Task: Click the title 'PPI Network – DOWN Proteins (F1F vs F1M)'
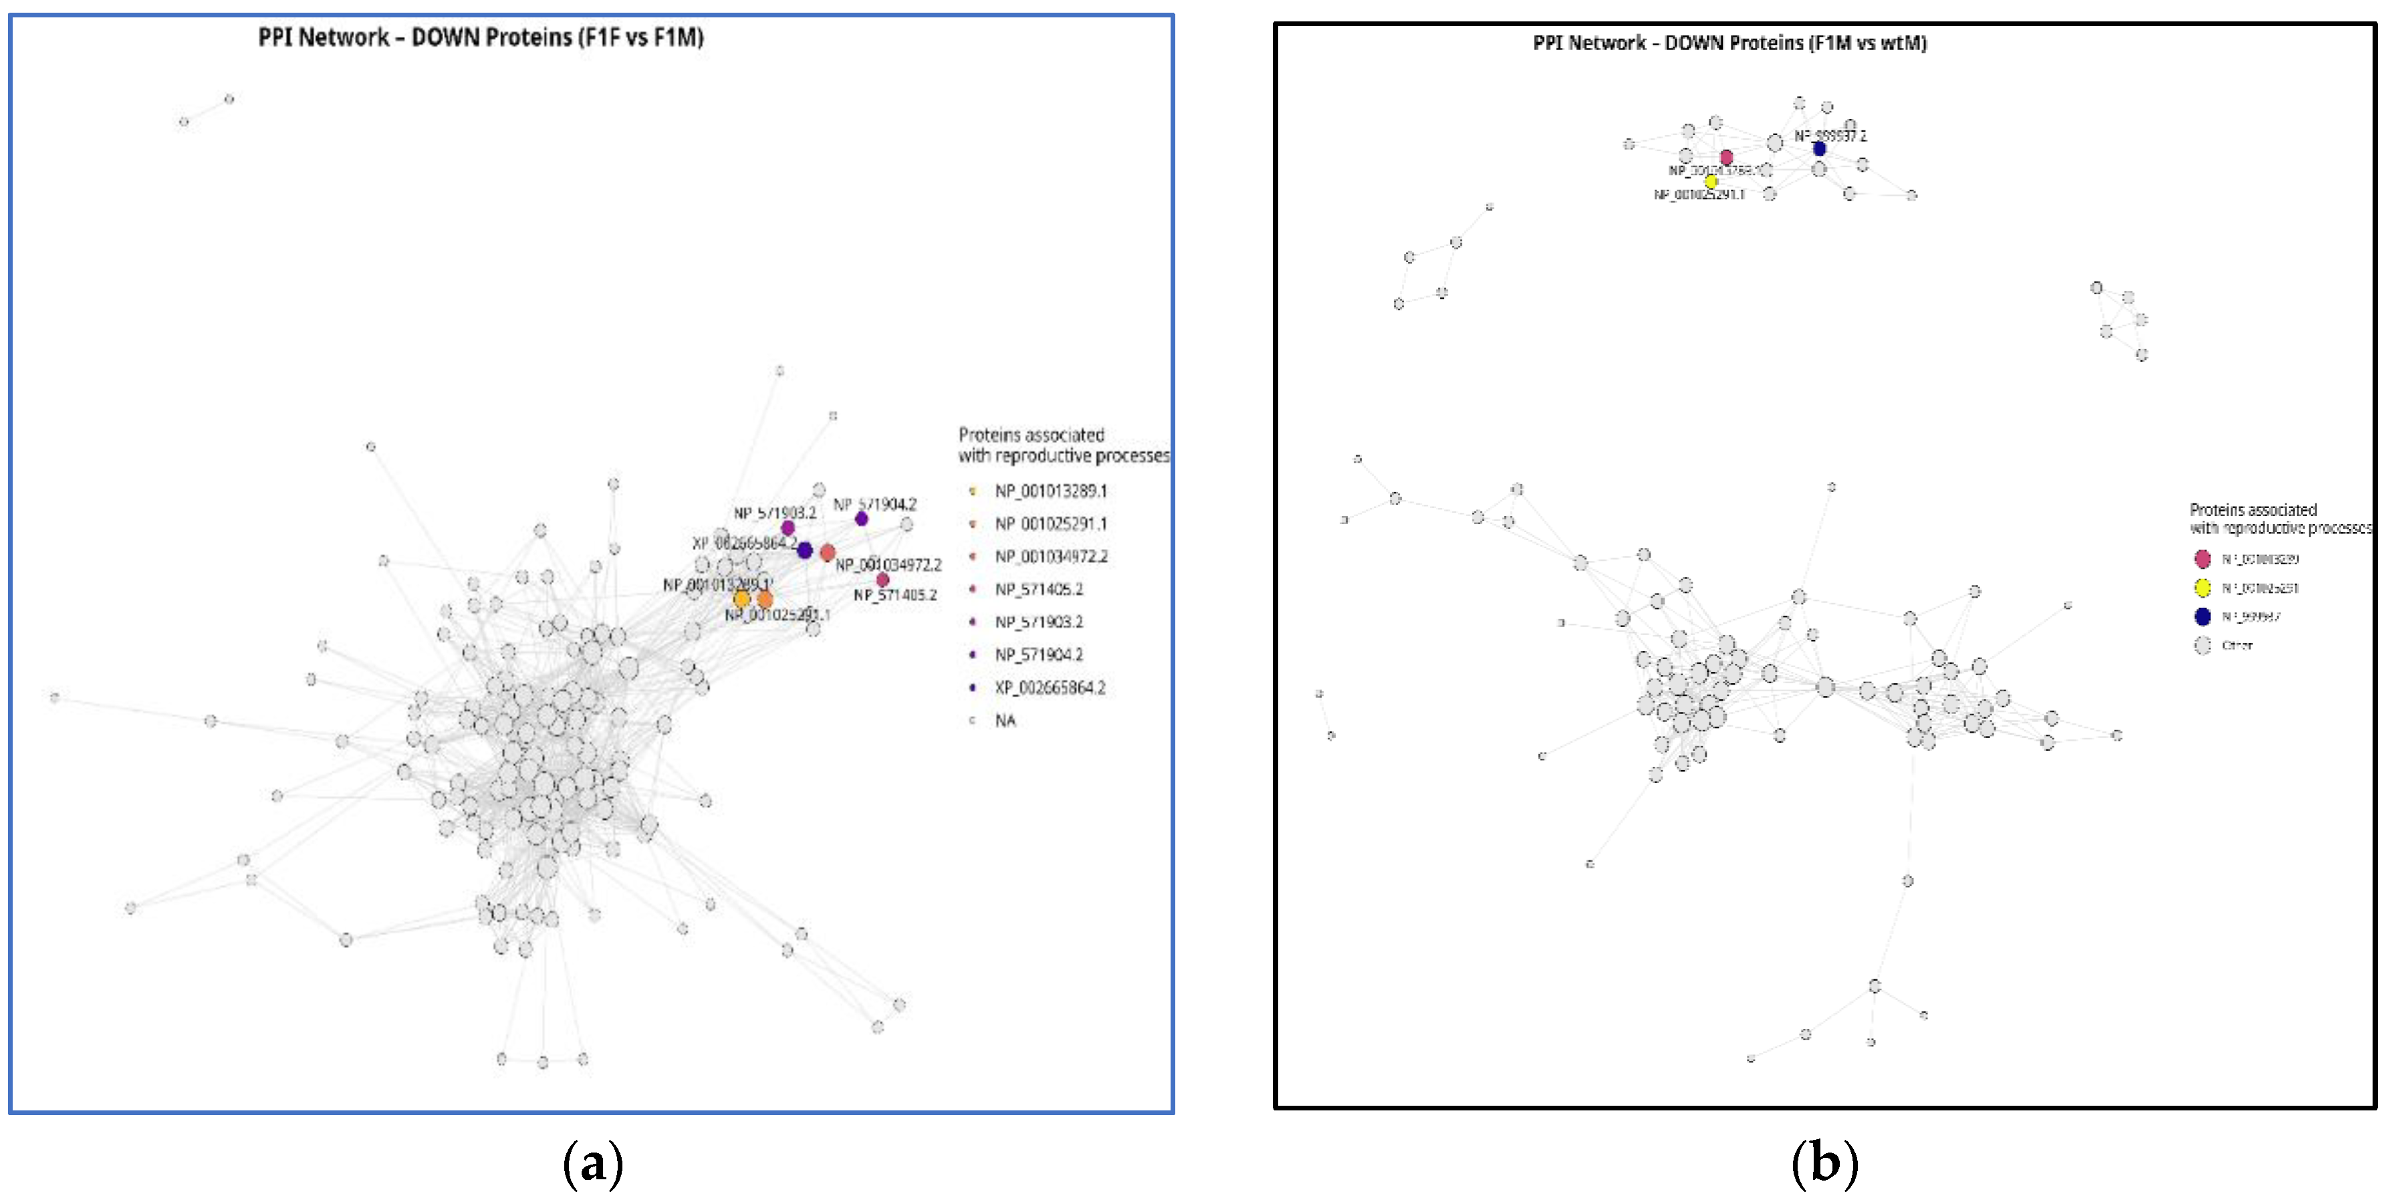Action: pyautogui.click(x=481, y=37)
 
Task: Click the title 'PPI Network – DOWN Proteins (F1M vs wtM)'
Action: pyautogui.click(x=1729, y=43)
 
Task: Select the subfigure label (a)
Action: pyautogui.click(x=593, y=1163)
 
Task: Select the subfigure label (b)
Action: pyautogui.click(x=1824, y=1163)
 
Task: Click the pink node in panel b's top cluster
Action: pyautogui.click(x=1726, y=157)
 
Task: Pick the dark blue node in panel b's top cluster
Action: pyautogui.click(x=1819, y=148)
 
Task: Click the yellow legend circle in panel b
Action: pyautogui.click(x=2203, y=588)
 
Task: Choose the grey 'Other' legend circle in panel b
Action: pyautogui.click(x=2203, y=645)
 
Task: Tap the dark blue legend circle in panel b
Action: pyautogui.click(x=2203, y=616)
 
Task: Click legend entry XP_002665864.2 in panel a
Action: pyautogui.click(x=1049, y=688)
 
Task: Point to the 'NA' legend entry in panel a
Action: pyautogui.click(x=1004, y=721)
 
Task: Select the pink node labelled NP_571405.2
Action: pyautogui.click(x=882, y=580)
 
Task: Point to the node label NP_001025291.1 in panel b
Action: pyautogui.click(x=1698, y=195)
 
